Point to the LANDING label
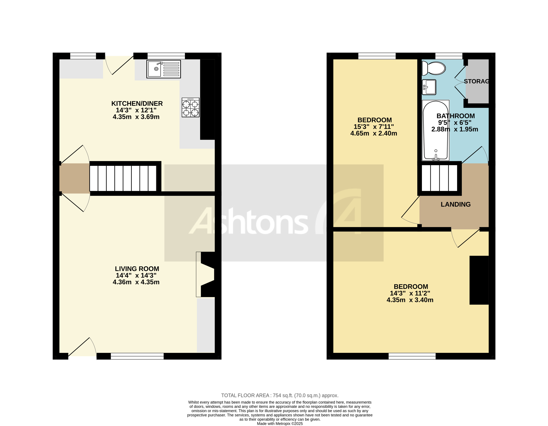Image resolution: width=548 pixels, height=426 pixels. tap(455, 204)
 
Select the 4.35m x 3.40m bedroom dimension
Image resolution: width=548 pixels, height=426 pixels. tap(410, 300)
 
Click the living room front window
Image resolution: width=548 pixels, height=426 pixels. tap(137, 356)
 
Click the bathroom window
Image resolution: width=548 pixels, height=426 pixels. tap(448, 56)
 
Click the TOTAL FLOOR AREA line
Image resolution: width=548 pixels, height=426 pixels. tap(280, 395)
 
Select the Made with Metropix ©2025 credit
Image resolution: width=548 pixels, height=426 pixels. tap(280, 424)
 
